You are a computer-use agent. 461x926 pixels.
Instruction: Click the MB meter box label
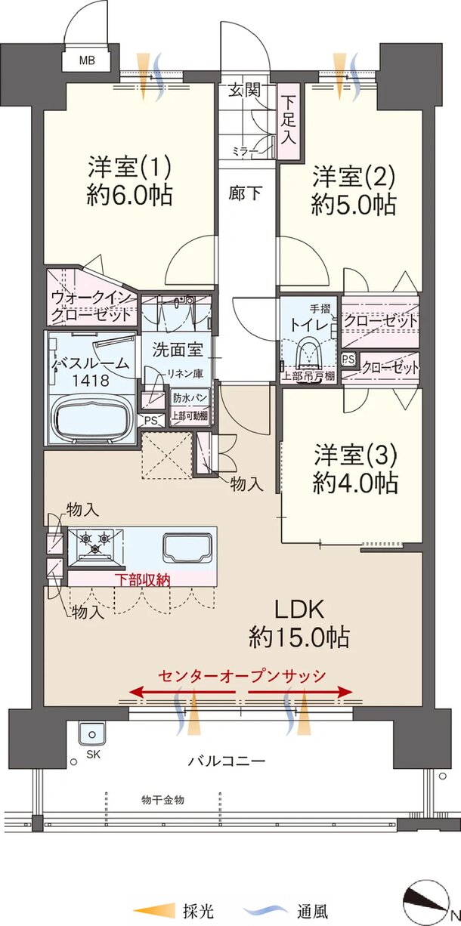pos(87,60)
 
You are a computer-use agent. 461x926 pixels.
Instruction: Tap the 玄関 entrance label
pos(245,90)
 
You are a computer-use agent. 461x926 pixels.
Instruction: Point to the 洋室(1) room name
pos(129,168)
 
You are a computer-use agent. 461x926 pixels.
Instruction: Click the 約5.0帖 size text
pos(354,205)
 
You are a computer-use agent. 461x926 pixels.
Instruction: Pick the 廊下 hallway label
pos(246,193)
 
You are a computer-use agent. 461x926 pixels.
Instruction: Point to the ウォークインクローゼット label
pos(91,307)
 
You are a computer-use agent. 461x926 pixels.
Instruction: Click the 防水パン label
pos(190,399)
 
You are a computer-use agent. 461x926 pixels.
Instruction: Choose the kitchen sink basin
pos(188,548)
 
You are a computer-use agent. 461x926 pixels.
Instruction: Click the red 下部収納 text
pos(142,580)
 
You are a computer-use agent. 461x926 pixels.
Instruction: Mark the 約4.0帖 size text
pos(355,482)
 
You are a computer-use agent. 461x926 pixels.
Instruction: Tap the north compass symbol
pos(426,898)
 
